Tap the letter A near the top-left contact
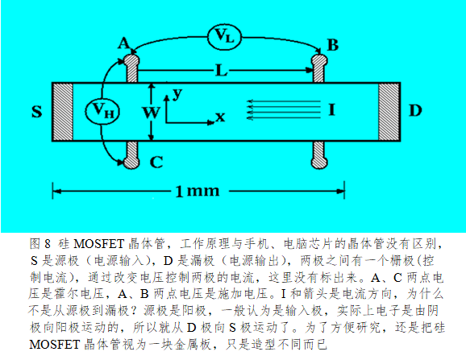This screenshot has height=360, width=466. tap(123, 43)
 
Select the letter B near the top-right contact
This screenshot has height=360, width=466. tap(332, 45)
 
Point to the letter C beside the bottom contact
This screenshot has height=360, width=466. tap(156, 162)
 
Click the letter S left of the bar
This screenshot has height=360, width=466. tap(37, 112)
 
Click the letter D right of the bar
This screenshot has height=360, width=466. tap(415, 110)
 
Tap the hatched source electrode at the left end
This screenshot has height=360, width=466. tap(63, 112)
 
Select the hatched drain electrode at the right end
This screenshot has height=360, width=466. tap(389, 112)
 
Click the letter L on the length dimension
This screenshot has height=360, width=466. tap(222, 71)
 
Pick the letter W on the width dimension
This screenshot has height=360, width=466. tap(152, 113)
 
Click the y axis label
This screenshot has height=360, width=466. tap(177, 94)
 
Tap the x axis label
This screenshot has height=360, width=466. tap(220, 118)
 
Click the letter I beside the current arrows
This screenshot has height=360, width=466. tap(331, 110)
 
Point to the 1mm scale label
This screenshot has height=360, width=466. tap(198, 191)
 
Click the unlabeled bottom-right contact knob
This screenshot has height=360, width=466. tap(319, 162)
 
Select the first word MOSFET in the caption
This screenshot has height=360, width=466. tap(98, 244)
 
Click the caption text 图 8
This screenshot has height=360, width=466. tap(40, 244)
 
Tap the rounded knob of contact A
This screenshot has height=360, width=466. tap(131, 61)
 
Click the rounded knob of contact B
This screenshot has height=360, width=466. tap(319, 61)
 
